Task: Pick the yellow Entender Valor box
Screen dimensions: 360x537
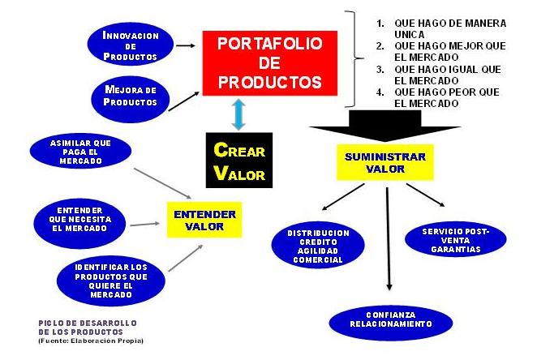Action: (x=205, y=221)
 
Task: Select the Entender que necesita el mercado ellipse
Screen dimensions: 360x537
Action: (x=79, y=217)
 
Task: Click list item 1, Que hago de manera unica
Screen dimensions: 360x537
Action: (x=446, y=28)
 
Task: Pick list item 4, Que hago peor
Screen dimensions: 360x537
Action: (x=446, y=97)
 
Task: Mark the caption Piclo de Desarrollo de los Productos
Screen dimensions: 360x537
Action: (x=88, y=328)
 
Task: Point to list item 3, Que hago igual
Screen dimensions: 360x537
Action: (x=446, y=75)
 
